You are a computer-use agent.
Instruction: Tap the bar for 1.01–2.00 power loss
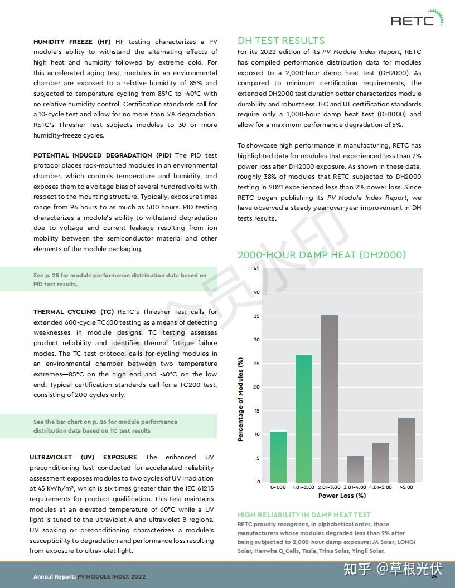coord(304,418)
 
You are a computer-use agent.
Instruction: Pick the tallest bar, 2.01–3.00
coord(330,399)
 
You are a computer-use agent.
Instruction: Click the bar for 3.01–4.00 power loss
coord(355,469)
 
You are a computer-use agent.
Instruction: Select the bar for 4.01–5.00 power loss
coord(381,462)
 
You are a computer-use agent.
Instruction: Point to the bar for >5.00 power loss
coord(406,450)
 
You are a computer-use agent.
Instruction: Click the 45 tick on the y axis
coord(256,269)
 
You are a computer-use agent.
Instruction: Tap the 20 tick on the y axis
coord(256,387)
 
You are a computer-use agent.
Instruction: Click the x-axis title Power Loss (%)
coord(342,496)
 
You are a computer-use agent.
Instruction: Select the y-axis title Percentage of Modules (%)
coord(241,399)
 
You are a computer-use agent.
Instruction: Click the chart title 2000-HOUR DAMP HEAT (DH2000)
coord(322,255)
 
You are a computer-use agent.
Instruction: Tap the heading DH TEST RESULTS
coord(281,41)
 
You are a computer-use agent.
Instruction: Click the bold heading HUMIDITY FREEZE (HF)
coord(72,42)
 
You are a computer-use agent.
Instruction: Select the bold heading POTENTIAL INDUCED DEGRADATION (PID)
coord(103,155)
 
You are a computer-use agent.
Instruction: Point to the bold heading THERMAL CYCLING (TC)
coord(73,312)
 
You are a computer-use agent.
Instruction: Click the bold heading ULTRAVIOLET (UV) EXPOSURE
coord(83,457)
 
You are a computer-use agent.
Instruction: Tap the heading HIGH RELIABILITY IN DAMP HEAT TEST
coord(304,515)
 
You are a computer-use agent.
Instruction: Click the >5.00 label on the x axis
coord(406,487)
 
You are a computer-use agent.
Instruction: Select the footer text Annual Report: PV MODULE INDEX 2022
coord(90,577)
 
